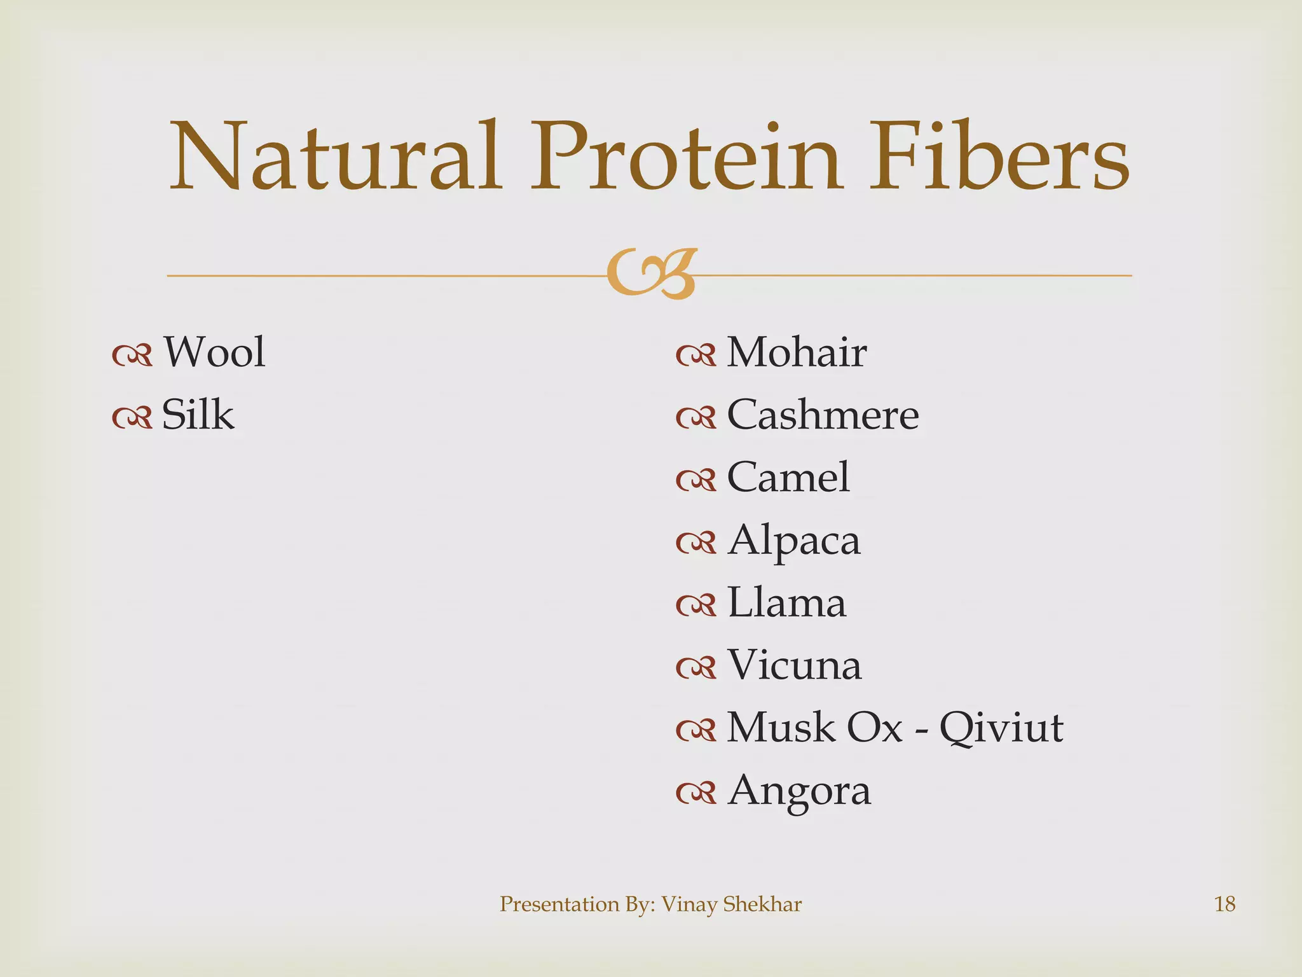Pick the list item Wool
tap(214, 352)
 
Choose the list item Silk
tap(198, 415)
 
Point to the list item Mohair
tap(797, 352)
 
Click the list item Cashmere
tap(823, 415)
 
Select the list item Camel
tap(788, 477)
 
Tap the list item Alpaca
tap(794, 541)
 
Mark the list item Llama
tap(786, 602)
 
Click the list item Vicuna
tap(795, 665)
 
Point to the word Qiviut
tap(1001, 728)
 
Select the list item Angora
tap(799, 791)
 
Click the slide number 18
tap(1224, 904)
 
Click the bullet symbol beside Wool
tap(132, 356)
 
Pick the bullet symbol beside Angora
tap(696, 793)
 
